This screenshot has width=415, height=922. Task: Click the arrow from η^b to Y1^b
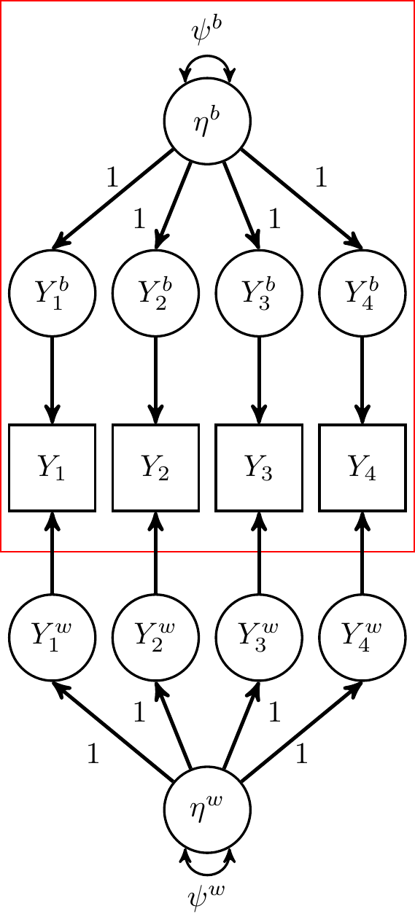[x=112, y=200]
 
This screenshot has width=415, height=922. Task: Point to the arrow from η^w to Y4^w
[x=302, y=731]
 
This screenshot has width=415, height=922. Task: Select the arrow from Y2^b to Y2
[x=155, y=380]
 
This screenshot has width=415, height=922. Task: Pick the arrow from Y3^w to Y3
[x=259, y=552]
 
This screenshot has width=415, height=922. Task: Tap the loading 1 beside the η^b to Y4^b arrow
[x=321, y=177]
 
